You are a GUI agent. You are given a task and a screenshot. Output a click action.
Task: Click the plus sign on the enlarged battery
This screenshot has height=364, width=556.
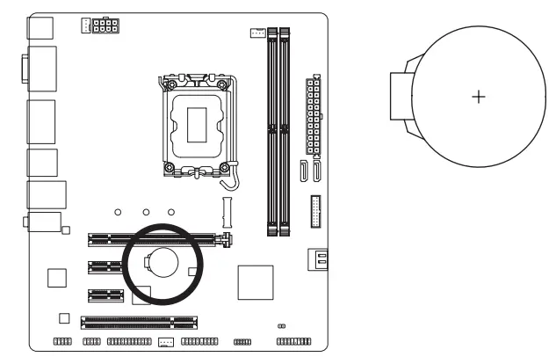pos(478,96)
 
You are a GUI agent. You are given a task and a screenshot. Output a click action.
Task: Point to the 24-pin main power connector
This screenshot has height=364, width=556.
pos(314,114)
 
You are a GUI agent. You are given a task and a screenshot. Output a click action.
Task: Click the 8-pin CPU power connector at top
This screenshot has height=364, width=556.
pos(105,25)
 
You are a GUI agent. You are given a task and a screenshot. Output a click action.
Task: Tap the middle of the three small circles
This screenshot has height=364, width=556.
pos(145,212)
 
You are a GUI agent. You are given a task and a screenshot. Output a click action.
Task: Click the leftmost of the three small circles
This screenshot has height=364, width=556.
pos(119,212)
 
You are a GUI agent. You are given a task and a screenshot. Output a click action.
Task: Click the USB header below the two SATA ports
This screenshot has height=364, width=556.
pos(315,210)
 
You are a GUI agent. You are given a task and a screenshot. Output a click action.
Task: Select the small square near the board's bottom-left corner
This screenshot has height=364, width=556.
pos(63,317)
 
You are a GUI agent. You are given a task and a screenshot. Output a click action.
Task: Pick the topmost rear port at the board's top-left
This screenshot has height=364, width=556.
pos(40,28)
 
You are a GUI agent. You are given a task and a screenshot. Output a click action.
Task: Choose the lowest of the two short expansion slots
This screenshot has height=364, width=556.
pos(105,295)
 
